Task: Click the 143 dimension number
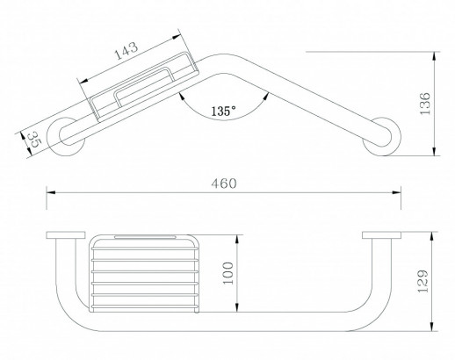point(126,50)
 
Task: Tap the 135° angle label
point(223,111)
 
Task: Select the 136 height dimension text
point(424,104)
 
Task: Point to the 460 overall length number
point(224,184)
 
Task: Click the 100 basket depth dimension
point(228,273)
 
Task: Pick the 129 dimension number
point(422,281)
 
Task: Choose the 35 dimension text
point(35,140)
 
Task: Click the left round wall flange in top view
point(67,137)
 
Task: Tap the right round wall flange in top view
point(381,137)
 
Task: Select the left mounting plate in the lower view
point(66,235)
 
